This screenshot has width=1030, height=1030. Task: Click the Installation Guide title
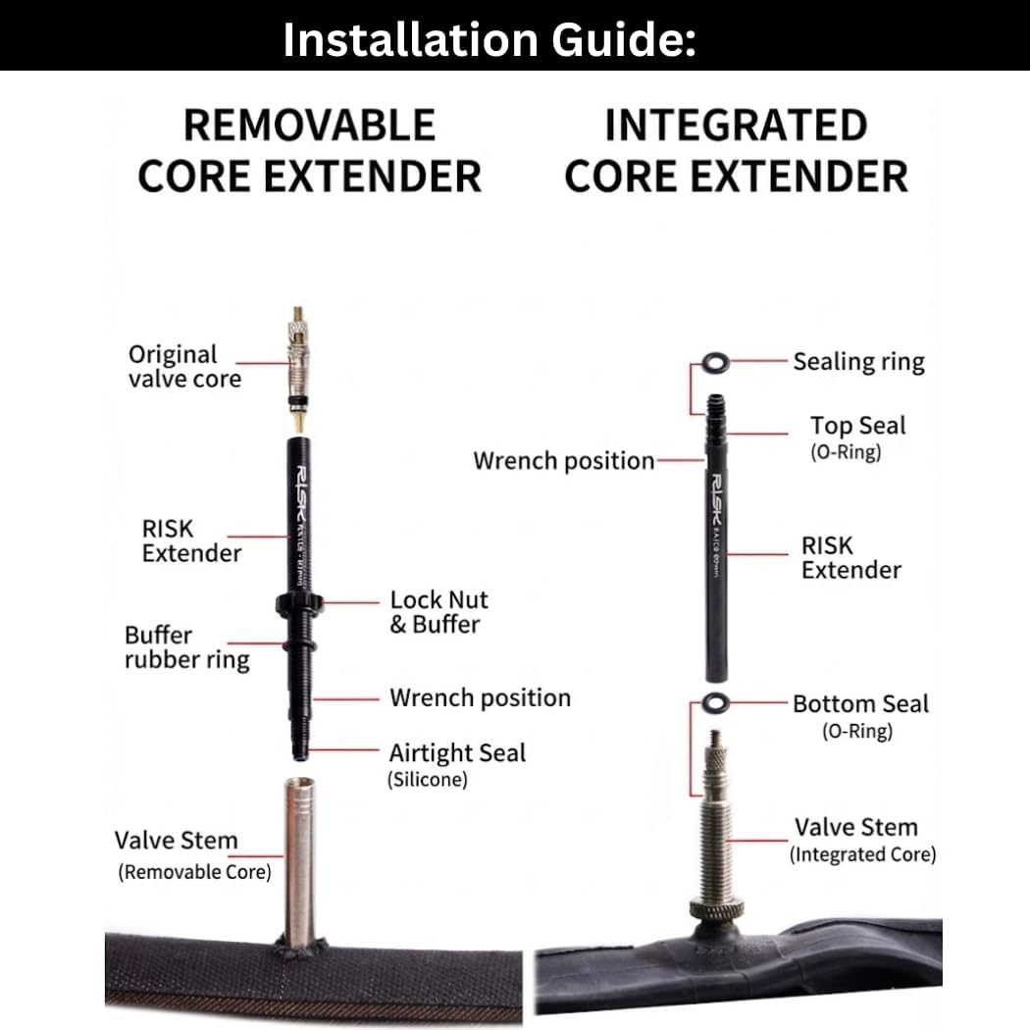point(489,39)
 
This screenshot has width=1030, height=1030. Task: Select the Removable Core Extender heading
point(309,150)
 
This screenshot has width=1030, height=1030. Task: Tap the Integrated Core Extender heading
point(737,150)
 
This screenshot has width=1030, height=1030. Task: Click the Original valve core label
point(184,367)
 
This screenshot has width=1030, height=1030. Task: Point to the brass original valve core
point(297,369)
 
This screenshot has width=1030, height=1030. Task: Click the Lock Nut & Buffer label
point(438,611)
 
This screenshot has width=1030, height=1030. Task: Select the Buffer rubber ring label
point(187,647)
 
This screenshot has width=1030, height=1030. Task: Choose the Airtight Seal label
point(457,764)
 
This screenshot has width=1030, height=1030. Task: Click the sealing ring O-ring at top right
point(715,363)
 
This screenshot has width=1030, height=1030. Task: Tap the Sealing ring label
point(858,362)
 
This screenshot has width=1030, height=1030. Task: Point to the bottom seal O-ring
point(715,703)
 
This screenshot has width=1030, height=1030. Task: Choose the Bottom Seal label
point(860,716)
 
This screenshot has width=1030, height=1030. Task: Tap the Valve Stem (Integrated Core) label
point(862,840)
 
